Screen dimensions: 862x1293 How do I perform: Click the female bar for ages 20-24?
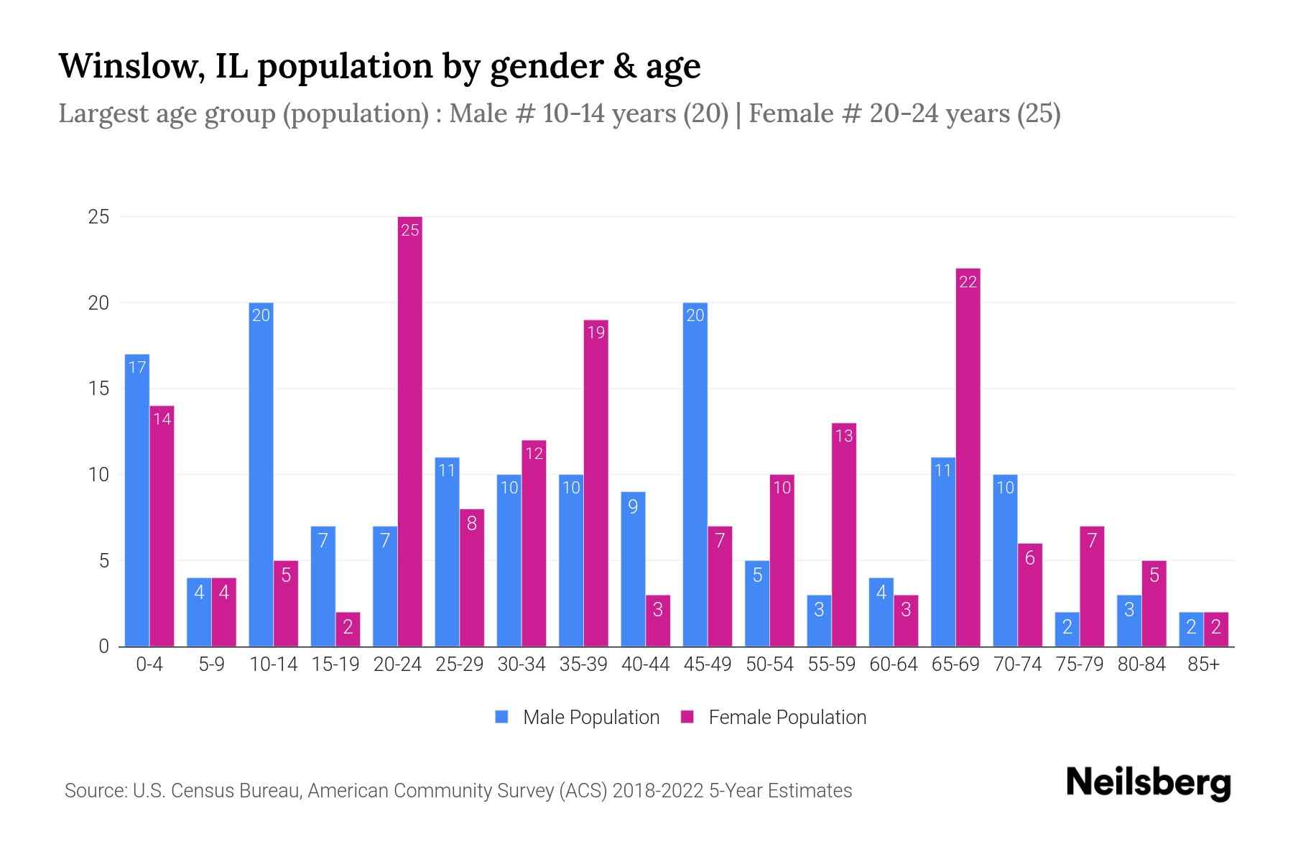click(409, 431)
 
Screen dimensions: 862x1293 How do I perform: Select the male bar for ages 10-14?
click(261, 474)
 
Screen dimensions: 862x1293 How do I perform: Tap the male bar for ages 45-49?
click(695, 474)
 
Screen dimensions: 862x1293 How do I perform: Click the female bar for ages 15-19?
click(348, 629)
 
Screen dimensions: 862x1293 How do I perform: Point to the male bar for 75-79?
click(1067, 629)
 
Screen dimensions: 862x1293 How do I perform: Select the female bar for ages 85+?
click(1216, 629)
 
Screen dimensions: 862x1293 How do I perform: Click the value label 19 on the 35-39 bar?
click(595, 333)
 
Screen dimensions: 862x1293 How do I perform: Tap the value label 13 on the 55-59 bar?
click(843, 436)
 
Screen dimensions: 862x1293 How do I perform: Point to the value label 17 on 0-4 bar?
click(136, 368)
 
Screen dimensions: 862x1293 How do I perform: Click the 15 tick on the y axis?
click(98, 389)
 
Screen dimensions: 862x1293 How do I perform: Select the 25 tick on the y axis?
click(98, 217)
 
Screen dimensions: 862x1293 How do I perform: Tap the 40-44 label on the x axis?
click(645, 664)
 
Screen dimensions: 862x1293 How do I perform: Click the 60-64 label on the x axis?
click(893, 664)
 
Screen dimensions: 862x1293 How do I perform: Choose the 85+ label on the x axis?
click(1203, 664)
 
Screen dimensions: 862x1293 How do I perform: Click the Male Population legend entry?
click(578, 717)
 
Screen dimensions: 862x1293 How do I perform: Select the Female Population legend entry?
click(774, 717)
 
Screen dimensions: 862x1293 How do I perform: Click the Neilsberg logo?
click(1148, 782)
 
